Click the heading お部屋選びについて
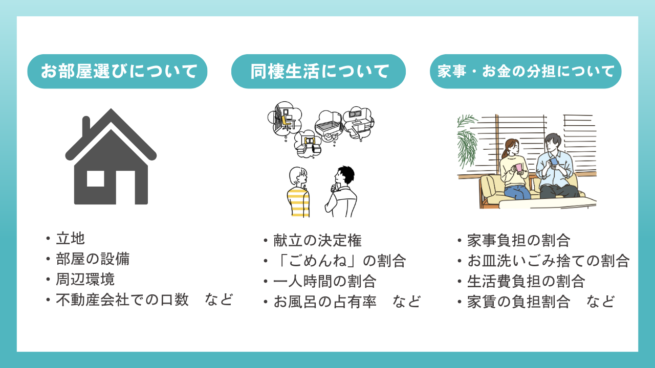[x=118, y=72]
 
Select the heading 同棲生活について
[x=318, y=72]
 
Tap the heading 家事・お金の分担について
[x=526, y=72]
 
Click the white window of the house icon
[x=96, y=178]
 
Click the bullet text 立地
[x=70, y=238]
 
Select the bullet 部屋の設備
[x=93, y=259]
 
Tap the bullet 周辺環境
[x=85, y=279]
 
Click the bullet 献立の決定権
[x=318, y=240]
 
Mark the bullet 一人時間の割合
[x=325, y=281]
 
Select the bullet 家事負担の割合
[x=518, y=240]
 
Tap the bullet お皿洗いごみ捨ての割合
[x=548, y=261]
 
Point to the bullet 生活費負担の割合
[x=526, y=281]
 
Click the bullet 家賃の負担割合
[x=518, y=302]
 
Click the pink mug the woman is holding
[x=518, y=168]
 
